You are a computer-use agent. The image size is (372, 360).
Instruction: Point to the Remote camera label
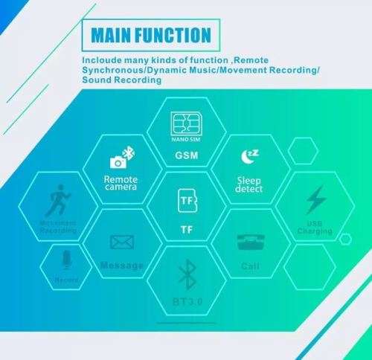pyautogui.click(x=121, y=183)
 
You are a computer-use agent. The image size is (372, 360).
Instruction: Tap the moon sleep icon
pyautogui.click(x=250, y=156)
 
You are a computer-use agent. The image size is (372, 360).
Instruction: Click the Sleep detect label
pyautogui.click(x=249, y=184)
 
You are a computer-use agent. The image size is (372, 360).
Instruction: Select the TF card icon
pyautogui.click(x=185, y=201)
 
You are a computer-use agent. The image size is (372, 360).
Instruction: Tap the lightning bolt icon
pyautogui.click(x=315, y=200)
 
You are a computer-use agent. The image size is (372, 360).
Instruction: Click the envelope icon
pyautogui.click(x=121, y=242)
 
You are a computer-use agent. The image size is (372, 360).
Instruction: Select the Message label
pyautogui.click(x=121, y=266)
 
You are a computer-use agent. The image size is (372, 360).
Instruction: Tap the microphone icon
pyautogui.click(x=65, y=260)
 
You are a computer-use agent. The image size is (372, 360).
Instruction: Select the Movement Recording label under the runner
pyautogui.click(x=58, y=226)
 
